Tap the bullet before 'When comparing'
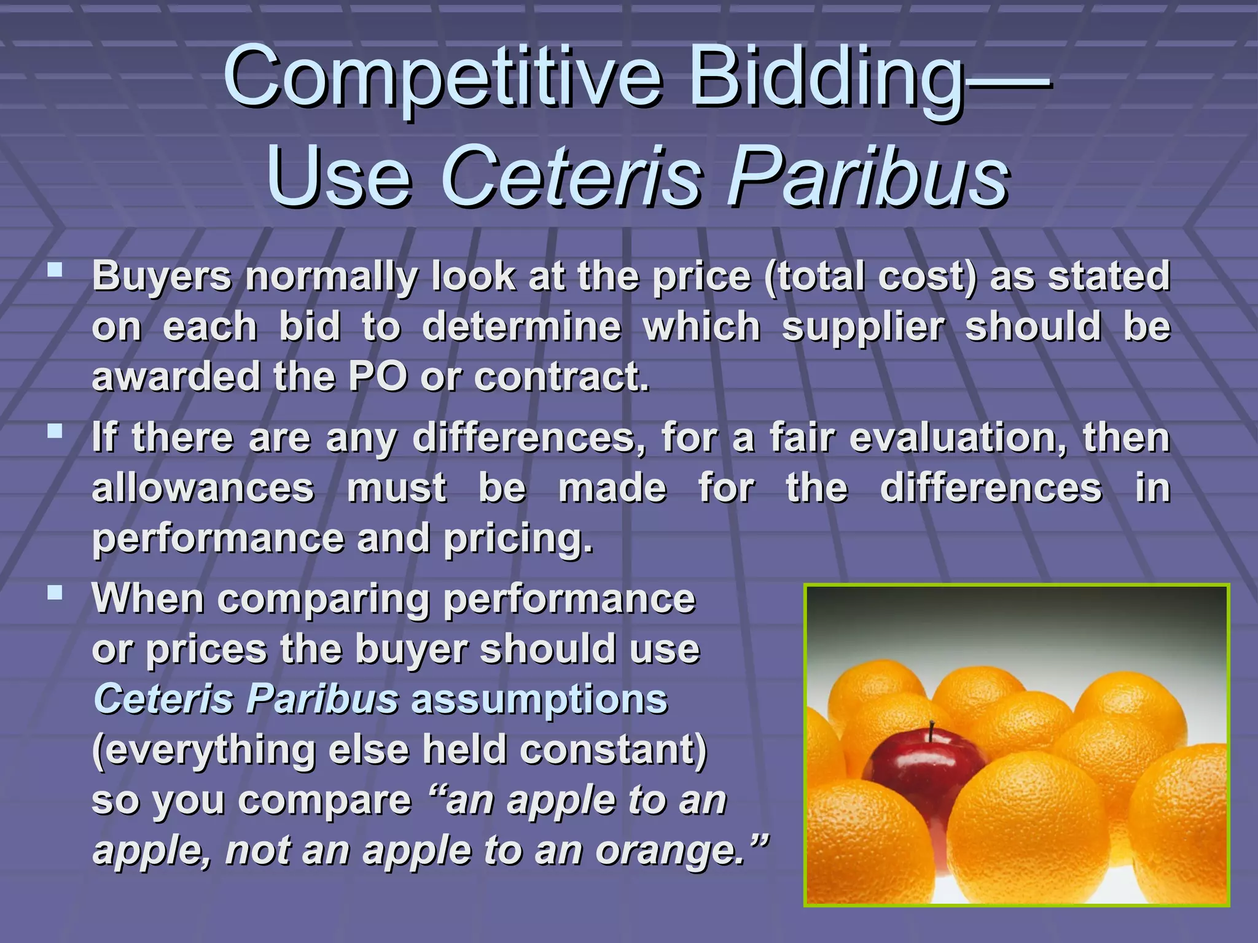point(55,592)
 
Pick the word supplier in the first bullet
point(863,327)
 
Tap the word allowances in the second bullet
point(203,489)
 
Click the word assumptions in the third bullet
point(539,700)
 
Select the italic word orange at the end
point(670,851)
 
